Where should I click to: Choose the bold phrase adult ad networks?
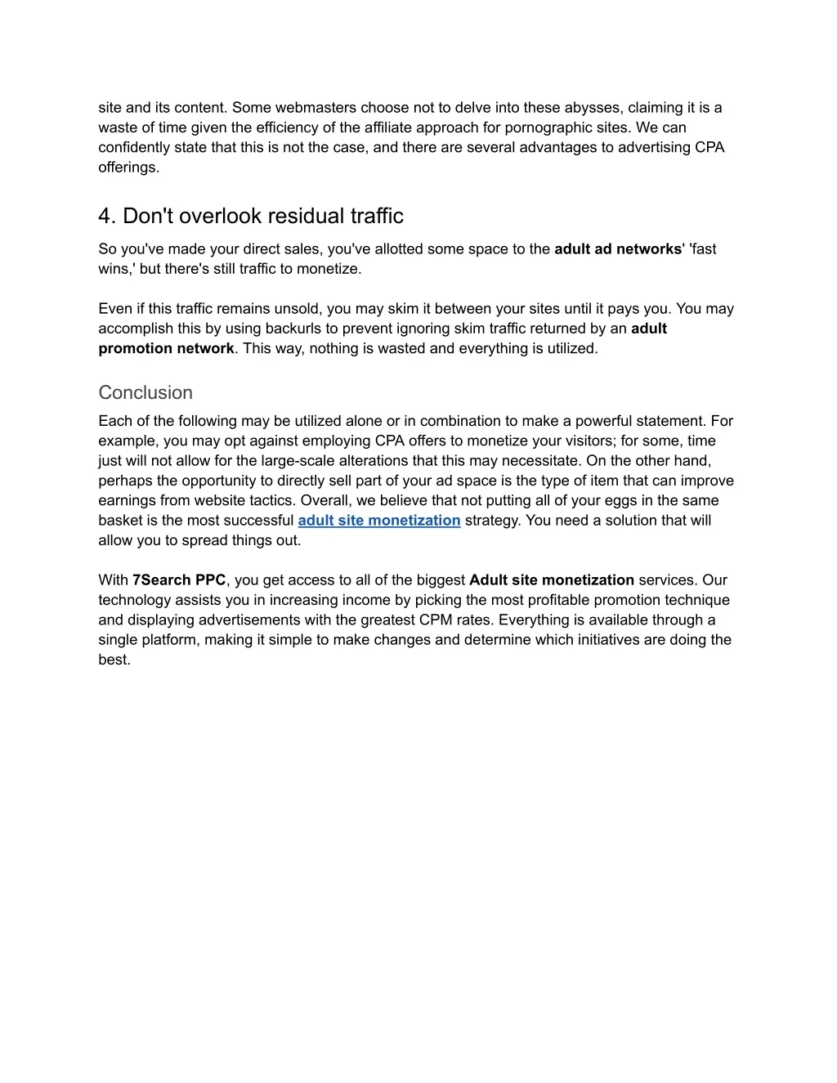619,249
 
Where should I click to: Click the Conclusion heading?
145,392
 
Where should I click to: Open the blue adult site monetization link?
379,521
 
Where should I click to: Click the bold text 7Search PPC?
179,580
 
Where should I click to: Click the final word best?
114,660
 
